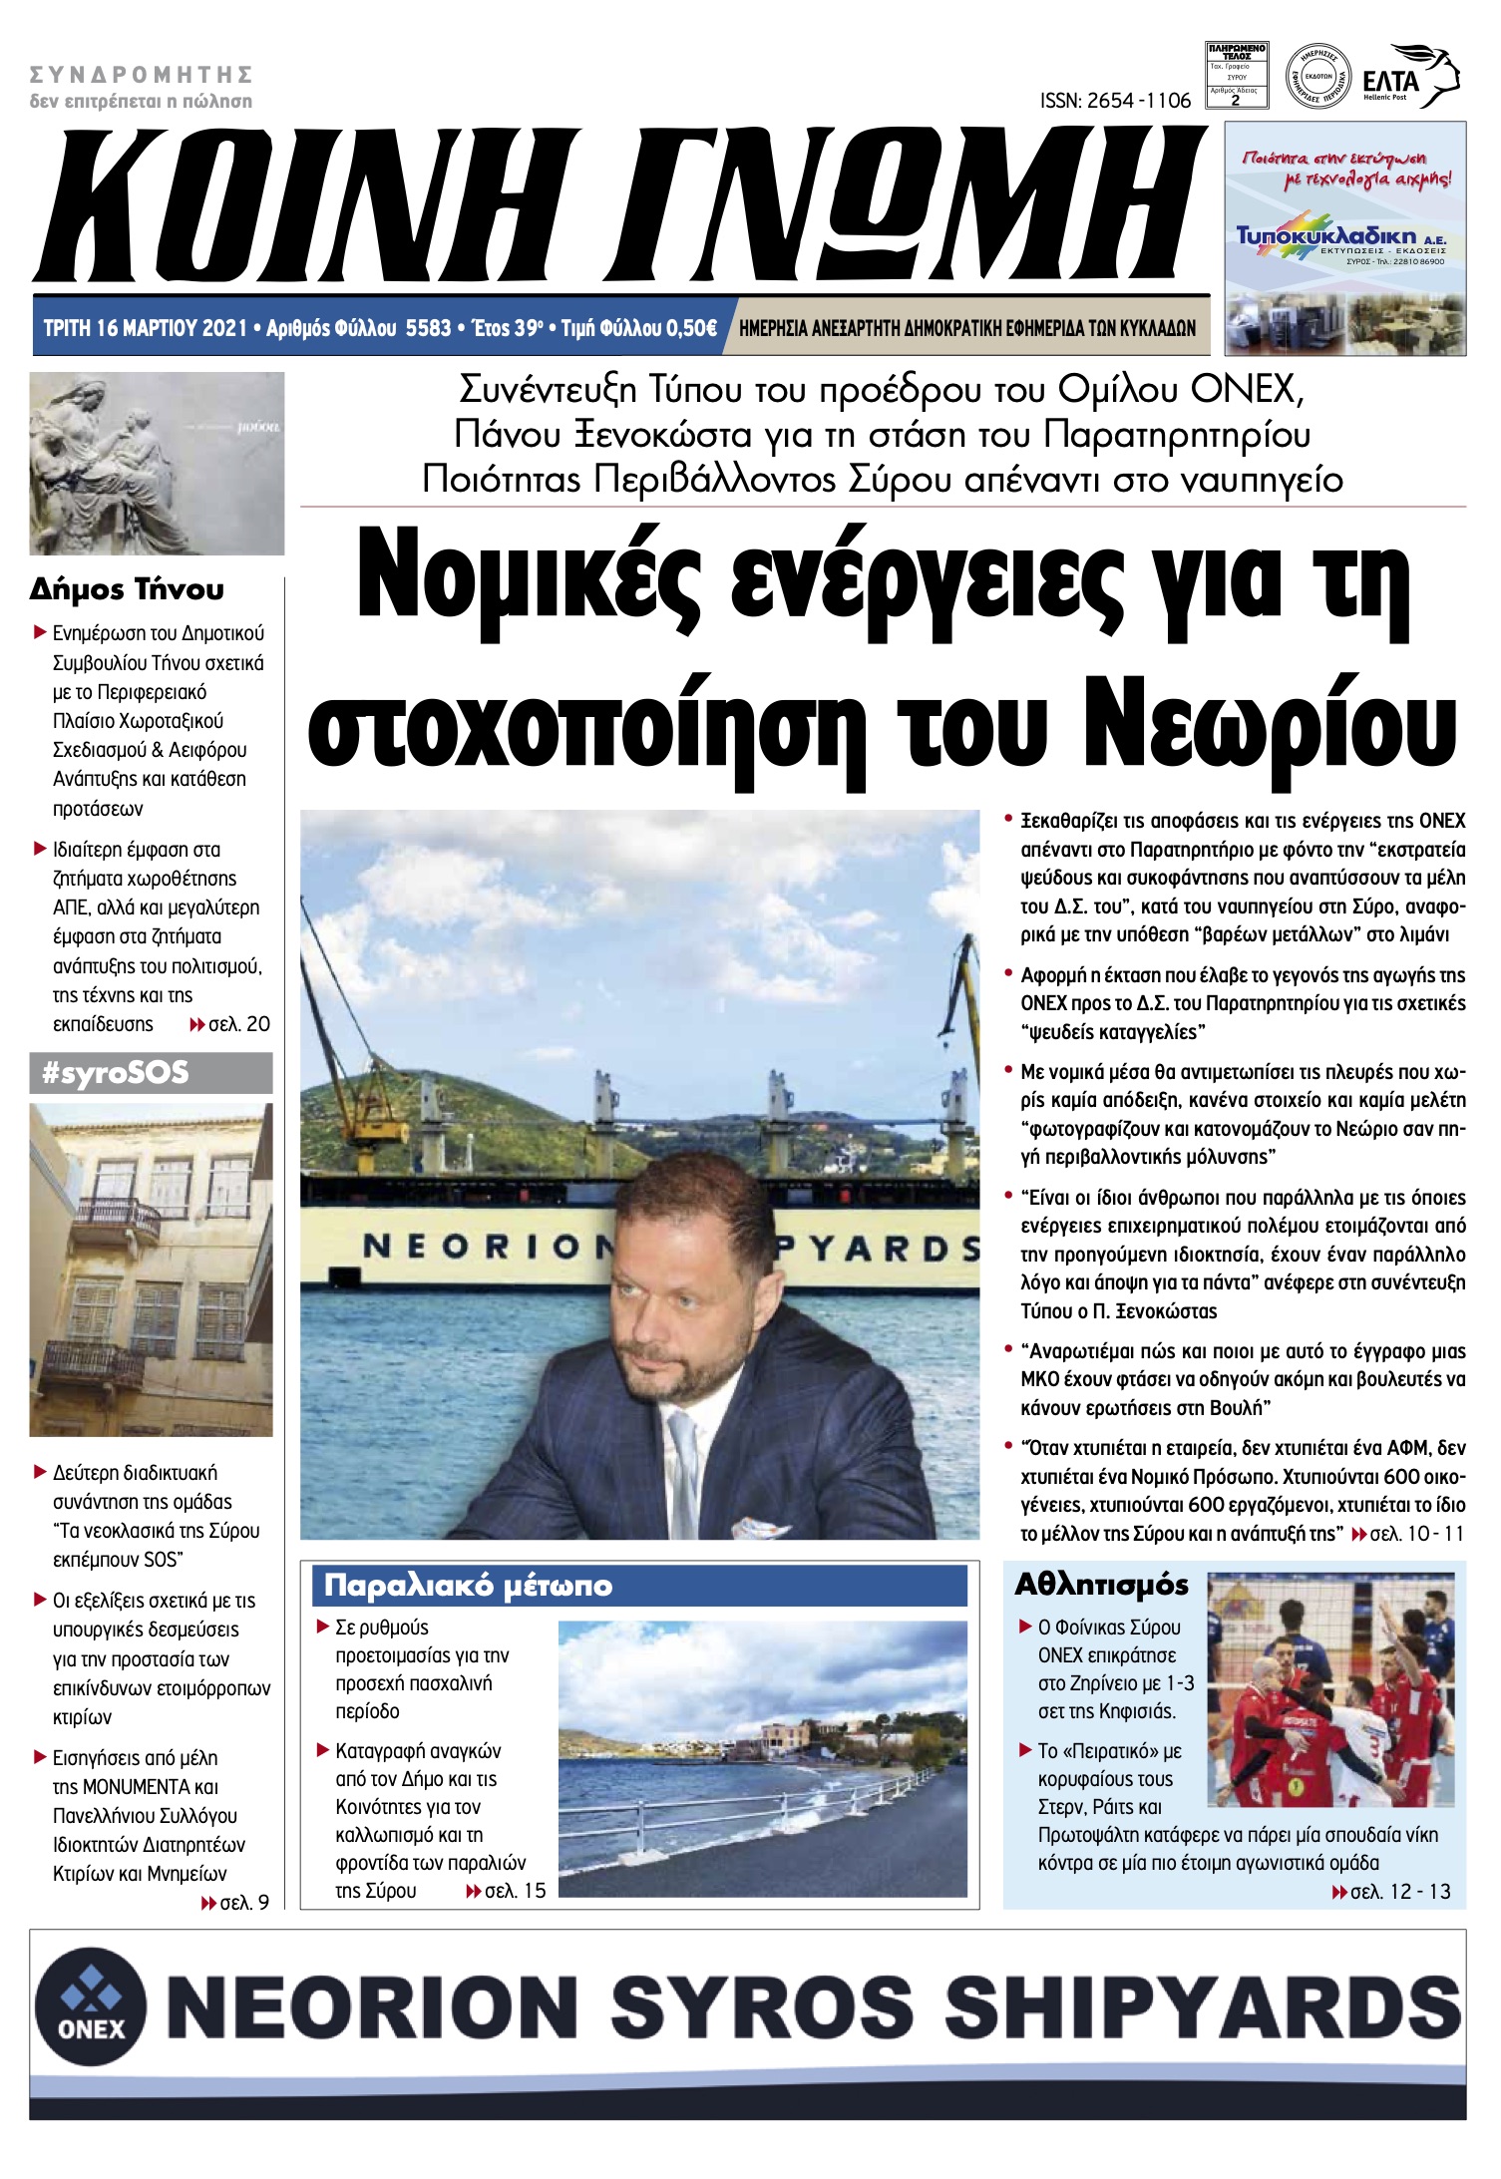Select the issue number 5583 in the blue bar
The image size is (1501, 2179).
(428, 328)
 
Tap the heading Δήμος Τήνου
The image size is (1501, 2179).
(127, 589)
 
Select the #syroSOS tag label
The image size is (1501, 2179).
(116, 1073)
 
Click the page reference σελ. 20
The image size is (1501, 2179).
(237, 1024)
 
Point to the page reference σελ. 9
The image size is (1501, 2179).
(242, 1902)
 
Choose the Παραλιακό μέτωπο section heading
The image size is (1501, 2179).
(468, 1585)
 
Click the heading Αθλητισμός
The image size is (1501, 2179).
(1101, 1585)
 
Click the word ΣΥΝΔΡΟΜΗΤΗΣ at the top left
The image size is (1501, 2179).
(141, 75)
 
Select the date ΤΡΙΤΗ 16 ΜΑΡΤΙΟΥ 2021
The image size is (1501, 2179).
(146, 328)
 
